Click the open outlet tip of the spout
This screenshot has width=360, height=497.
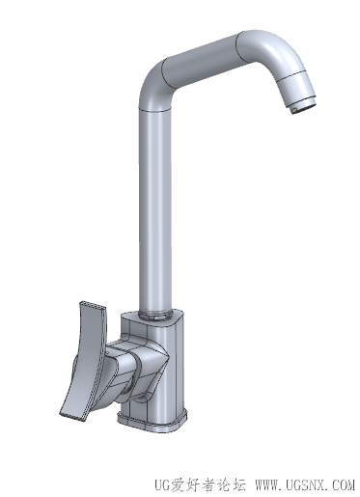point(304,108)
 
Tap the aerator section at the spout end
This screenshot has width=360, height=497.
point(296,89)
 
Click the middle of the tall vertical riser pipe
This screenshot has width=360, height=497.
point(155,210)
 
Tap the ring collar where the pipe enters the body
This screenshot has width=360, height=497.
point(155,316)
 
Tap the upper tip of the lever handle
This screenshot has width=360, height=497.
point(93,306)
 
